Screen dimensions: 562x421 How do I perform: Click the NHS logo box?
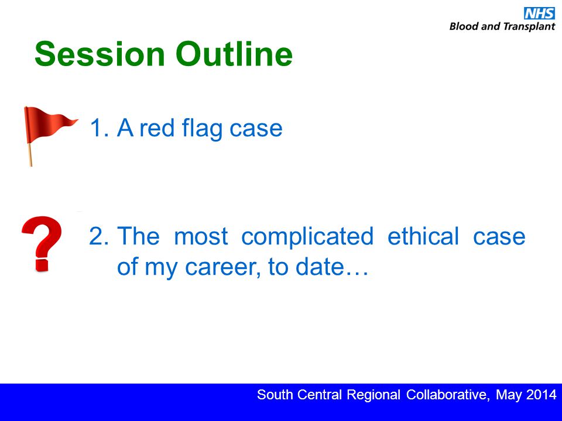539,13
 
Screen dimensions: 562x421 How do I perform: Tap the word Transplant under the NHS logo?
529,27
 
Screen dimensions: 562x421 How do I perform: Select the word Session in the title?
100,54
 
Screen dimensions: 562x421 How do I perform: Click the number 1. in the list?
100,128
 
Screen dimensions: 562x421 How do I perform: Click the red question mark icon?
42,244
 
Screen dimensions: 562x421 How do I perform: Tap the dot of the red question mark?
42,264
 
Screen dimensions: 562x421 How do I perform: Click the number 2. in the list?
99,236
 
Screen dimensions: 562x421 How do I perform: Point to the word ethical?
423,236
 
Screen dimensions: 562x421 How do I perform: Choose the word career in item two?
222,267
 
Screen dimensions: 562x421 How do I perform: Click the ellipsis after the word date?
357,274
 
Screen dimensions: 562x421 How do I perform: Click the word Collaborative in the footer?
447,395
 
